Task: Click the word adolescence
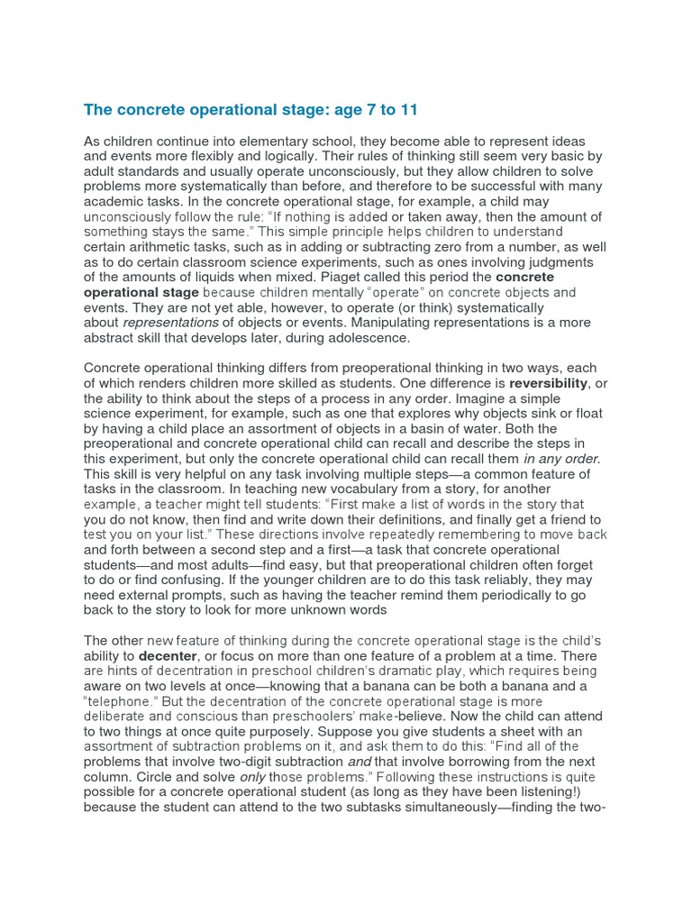click(369, 338)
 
